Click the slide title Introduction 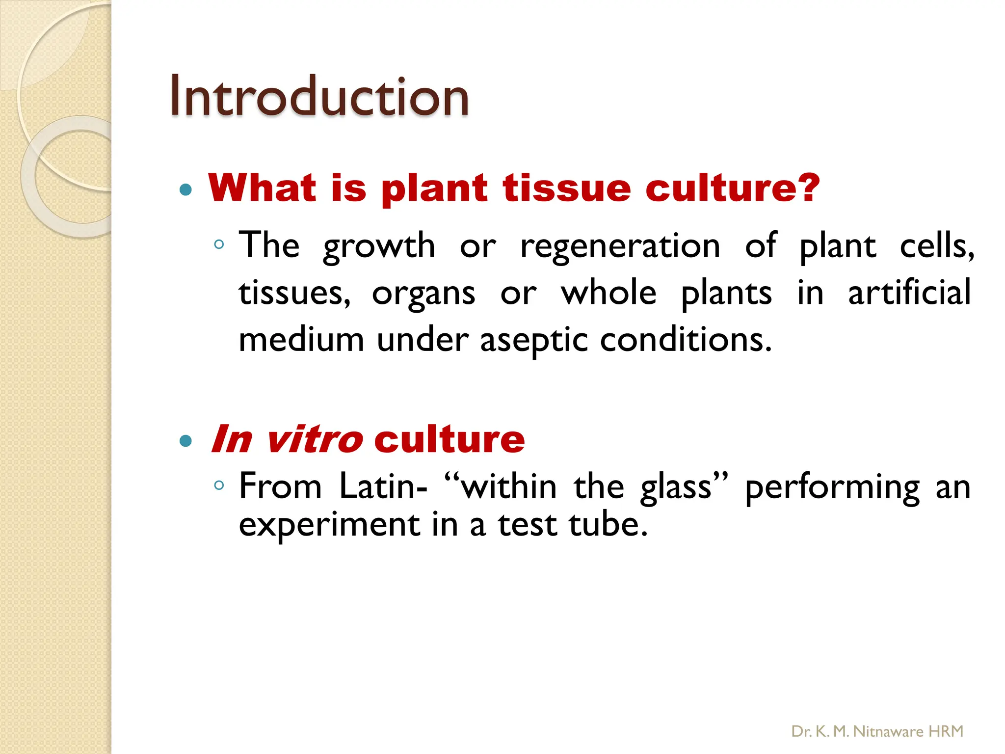(x=319, y=96)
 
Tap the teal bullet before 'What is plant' (x=185, y=189)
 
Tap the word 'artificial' (x=909, y=293)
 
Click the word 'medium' (x=301, y=340)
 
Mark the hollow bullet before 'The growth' (x=219, y=244)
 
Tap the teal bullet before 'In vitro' (x=185, y=441)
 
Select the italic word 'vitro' (x=314, y=439)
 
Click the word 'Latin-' (x=383, y=487)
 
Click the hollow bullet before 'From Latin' (x=219, y=485)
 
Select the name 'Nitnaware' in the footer (x=888, y=731)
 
